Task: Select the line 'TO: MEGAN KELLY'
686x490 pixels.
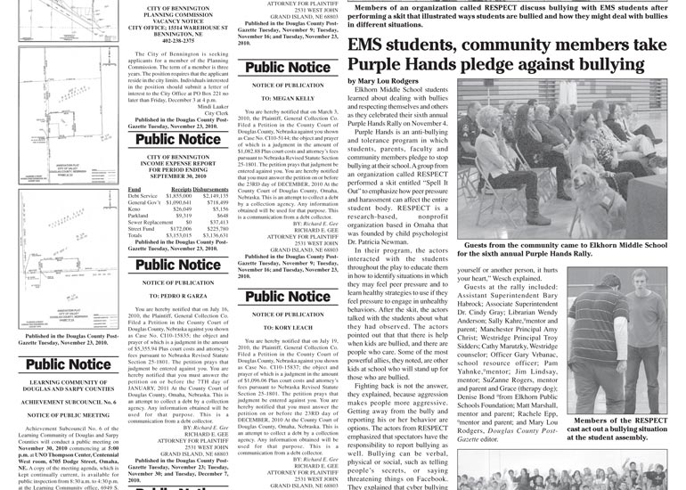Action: pyautogui.click(x=287, y=98)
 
